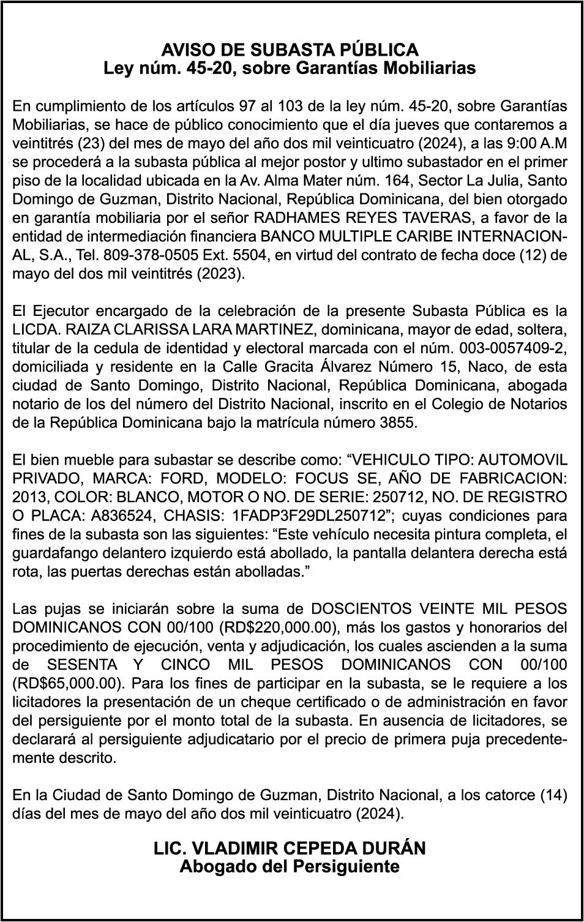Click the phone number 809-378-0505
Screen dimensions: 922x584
(x=146, y=255)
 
